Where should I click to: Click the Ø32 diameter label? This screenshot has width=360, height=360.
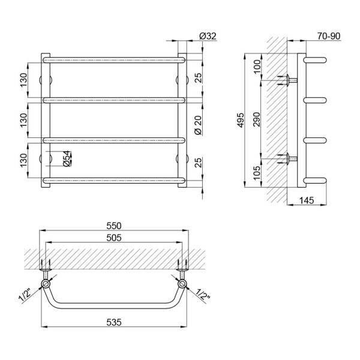tap(208, 36)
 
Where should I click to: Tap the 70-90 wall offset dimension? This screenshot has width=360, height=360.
tap(329, 36)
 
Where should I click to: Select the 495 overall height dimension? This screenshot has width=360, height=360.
tap(241, 121)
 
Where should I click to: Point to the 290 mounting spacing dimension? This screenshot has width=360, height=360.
tap(257, 119)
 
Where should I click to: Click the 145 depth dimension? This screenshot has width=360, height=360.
tap(307, 200)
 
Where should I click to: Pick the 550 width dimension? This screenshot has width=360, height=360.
tap(114, 226)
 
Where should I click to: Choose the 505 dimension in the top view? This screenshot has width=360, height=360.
tap(114, 238)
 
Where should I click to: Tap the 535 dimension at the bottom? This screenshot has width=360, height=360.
tap(114, 323)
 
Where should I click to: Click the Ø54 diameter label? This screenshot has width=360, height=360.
tap(67, 158)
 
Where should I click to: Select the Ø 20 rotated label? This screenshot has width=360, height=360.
tap(197, 125)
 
